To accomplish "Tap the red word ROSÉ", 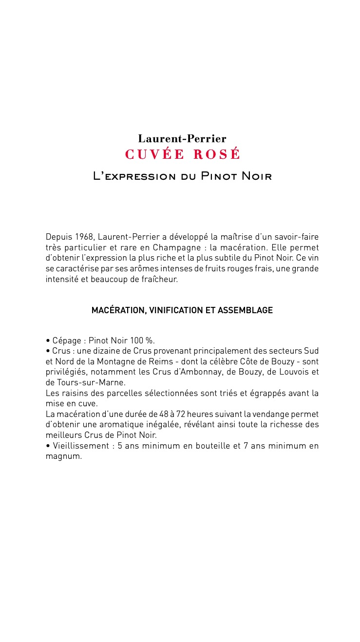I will (217, 154).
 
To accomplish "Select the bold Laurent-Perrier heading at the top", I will (182, 139).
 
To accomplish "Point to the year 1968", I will (85, 237).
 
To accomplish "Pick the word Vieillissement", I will (81, 446).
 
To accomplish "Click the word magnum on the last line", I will (63, 457).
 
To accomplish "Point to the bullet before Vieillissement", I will (48, 446).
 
